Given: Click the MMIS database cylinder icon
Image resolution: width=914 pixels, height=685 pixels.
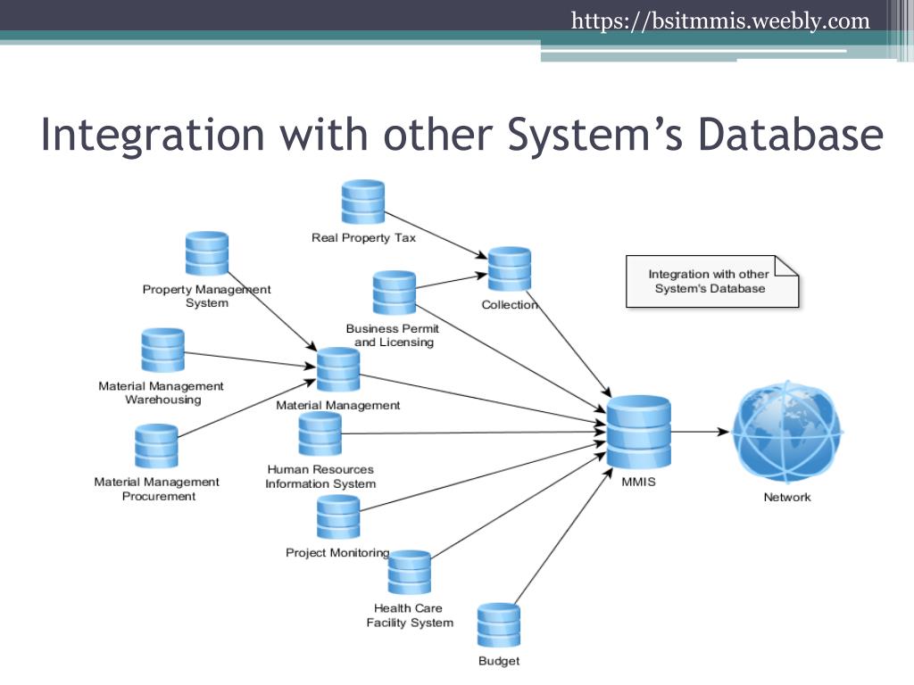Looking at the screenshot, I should coord(639,435).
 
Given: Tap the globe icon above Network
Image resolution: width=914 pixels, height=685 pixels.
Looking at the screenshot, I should coord(786,433).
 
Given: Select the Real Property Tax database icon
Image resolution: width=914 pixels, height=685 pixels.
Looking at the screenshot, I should coord(363,202).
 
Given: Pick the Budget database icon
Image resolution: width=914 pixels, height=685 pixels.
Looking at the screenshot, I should coord(499,625).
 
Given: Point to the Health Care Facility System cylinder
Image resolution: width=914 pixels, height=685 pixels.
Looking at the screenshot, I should coord(410,573).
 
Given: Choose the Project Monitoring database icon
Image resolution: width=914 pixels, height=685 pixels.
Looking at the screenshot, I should coord(338,517).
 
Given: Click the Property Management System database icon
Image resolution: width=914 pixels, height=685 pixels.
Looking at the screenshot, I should coord(207,253).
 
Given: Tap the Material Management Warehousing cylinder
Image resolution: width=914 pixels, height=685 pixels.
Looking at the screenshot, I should coord(162,350).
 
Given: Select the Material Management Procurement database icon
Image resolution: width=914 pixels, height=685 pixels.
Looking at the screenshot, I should coord(156,446).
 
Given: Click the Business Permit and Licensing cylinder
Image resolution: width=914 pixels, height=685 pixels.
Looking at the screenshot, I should coord(395,293).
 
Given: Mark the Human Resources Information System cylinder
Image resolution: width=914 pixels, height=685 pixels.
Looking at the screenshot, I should coord(320,433).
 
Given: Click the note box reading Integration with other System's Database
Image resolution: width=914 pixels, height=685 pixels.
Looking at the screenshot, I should coord(710,282).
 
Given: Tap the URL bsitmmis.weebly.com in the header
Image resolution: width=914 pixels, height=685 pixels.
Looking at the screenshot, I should coord(720,20).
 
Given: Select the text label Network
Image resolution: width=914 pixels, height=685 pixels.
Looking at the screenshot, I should coord(786,498).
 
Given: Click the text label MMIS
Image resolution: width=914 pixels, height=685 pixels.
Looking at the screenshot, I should coord(638,483).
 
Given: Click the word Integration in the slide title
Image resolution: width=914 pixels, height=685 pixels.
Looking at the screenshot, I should coord(153,135).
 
